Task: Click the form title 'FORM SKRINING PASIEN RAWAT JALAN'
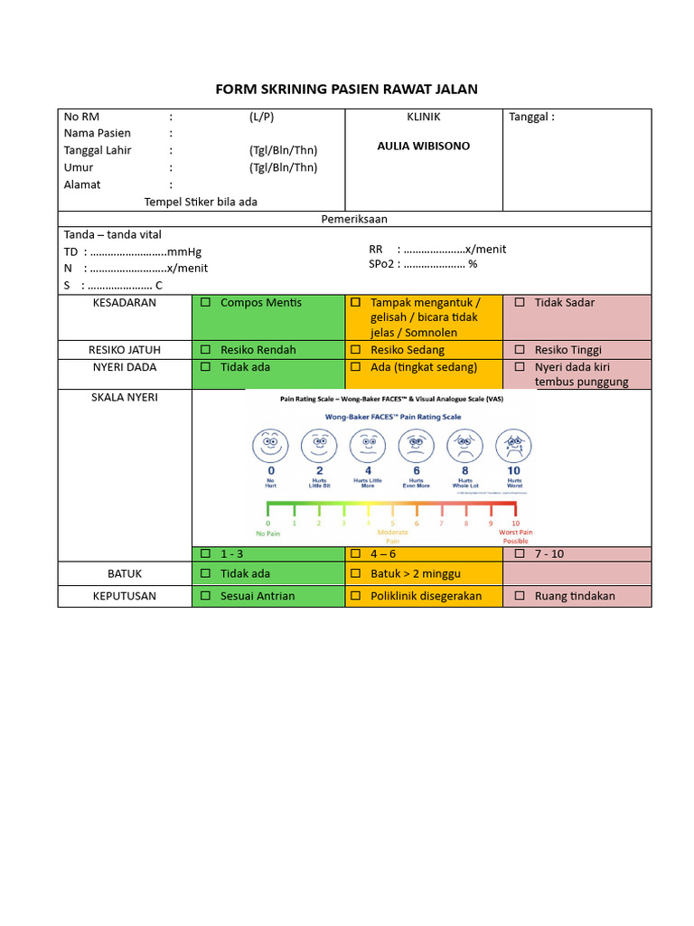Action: click(346, 89)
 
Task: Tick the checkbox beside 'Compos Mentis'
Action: click(205, 302)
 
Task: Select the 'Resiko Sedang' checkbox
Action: click(356, 349)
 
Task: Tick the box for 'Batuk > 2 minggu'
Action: click(356, 573)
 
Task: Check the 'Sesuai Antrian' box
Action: click(205, 596)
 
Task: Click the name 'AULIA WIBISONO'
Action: click(423, 146)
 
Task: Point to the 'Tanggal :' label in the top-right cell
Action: click(531, 117)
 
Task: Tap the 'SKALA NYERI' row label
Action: click(125, 397)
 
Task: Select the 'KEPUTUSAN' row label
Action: click(125, 596)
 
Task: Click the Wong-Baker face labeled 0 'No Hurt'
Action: click(270, 444)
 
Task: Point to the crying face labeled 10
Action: click(513, 444)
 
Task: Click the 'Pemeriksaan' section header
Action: click(354, 219)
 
